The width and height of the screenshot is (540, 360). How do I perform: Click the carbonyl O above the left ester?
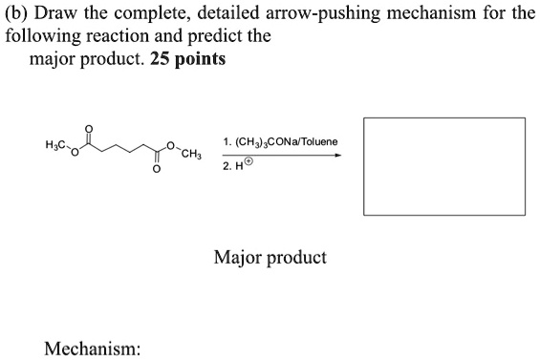(x=90, y=127)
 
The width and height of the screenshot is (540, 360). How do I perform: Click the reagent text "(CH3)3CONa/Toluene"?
(x=279, y=142)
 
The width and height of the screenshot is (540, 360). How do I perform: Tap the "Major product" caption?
(x=270, y=257)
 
